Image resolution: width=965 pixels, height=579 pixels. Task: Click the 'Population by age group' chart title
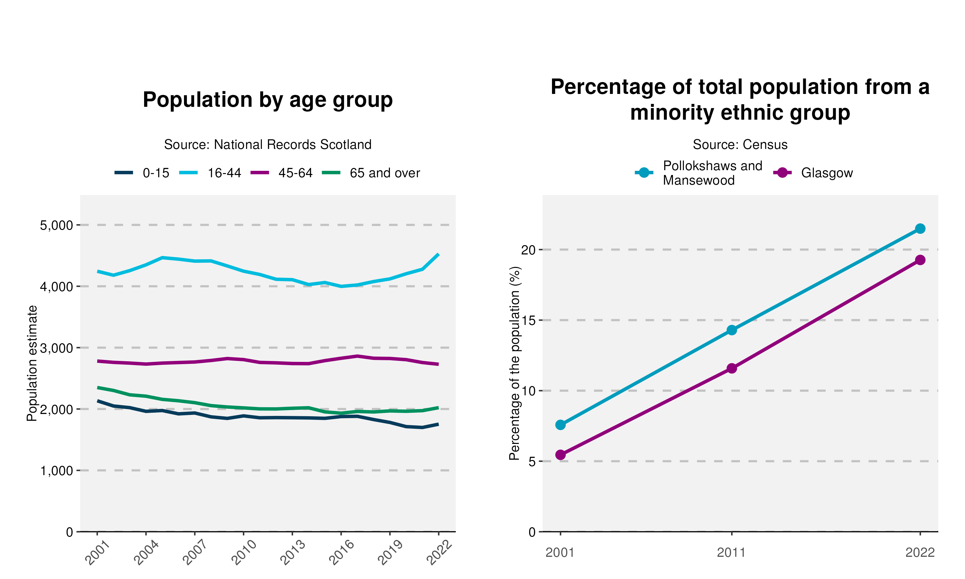click(268, 100)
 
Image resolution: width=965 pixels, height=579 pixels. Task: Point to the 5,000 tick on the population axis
click(57, 225)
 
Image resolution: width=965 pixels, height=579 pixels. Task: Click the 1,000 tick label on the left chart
click(57, 471)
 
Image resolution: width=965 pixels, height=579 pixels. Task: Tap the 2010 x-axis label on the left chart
click(244, 553)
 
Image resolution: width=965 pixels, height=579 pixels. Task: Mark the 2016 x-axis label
click(342, 553)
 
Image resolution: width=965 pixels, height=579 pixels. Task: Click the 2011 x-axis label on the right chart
click(731, 553)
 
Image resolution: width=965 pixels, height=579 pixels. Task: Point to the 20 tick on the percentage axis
click(528, 250)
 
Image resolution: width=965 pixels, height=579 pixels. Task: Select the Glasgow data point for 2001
click(561, 455)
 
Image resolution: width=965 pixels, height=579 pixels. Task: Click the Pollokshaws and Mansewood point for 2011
click(732, 330)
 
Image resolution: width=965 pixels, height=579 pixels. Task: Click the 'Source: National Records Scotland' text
click(268, 145)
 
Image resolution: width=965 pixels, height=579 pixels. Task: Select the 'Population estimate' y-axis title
click(32, 363)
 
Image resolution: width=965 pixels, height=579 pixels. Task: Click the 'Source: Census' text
click(740, 145)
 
